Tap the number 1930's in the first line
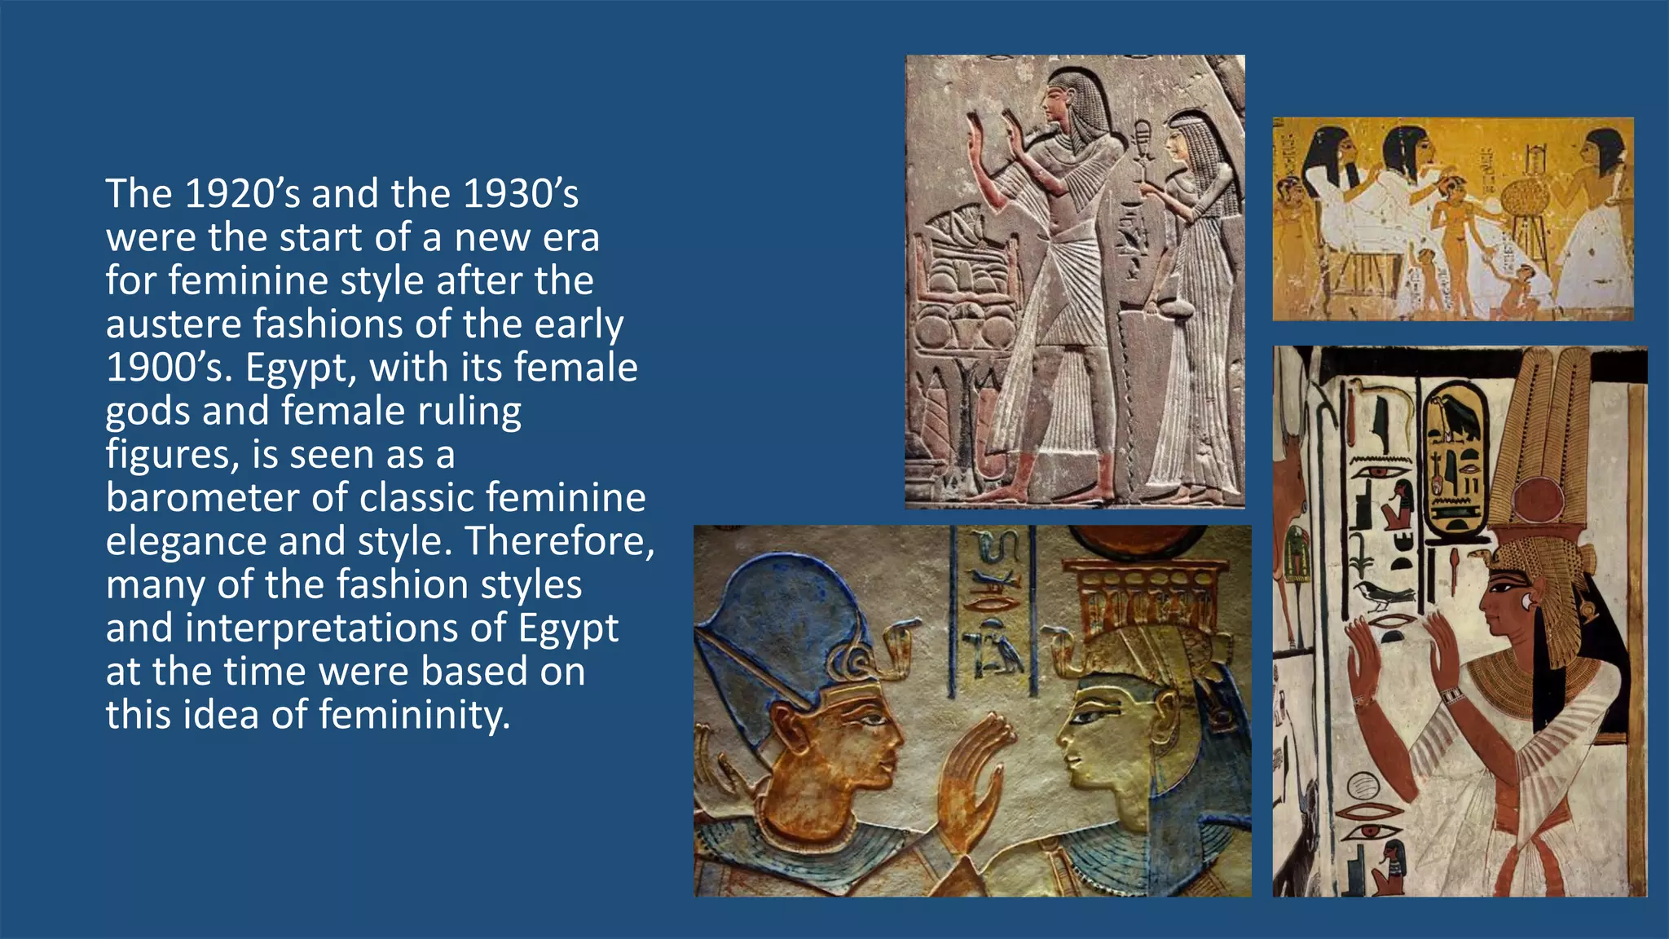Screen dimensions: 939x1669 tap(521, 194)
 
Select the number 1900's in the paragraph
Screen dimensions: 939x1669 tap(169, 368)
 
